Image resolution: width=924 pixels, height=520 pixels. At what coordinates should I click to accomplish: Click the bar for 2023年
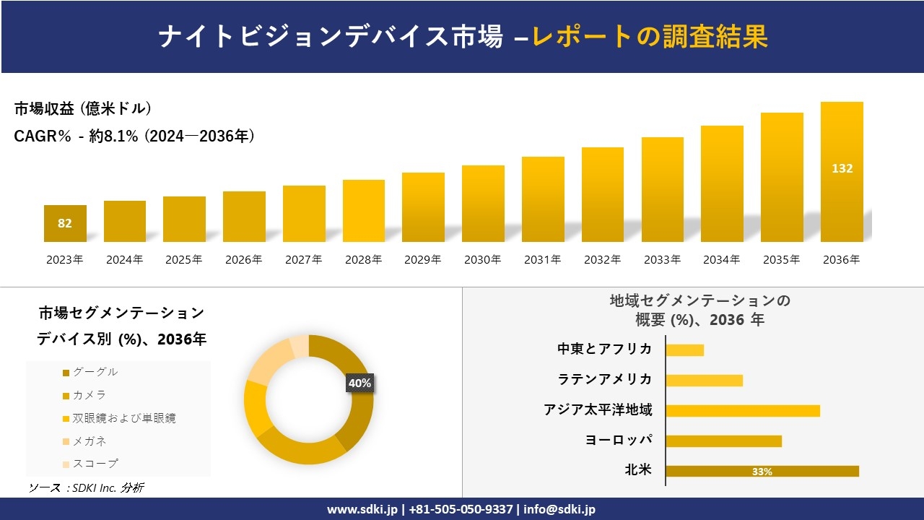pyautogui.click(x=65, y=223)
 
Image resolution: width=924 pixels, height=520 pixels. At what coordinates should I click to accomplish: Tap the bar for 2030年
pyautogui.click(x=483, y=204)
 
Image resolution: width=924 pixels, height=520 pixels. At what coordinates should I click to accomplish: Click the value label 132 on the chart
pyautogui.click(x=842, y=168)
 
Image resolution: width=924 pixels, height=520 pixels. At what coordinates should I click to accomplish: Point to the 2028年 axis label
pyautogui.click(x=364, y=260)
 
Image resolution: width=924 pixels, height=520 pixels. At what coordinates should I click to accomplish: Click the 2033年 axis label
pyautogui.click(x=662, y=260)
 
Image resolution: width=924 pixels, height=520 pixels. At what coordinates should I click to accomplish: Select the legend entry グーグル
pyautogui.click(x=95, y=372)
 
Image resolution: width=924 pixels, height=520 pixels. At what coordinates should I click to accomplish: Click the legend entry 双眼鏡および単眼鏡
pyautogui.click(x=123, y=417)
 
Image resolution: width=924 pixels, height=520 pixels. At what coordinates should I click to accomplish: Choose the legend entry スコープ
pyautogui.click(x=95, y=463)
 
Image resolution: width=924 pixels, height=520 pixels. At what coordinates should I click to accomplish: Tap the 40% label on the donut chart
pyautogui.click(x=359, y=383)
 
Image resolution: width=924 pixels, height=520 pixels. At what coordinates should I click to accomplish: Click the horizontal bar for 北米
pyautogui.click(x=762, y=472)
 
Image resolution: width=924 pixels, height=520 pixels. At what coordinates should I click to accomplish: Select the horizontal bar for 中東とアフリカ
pyautogui.click(x=684, y=350)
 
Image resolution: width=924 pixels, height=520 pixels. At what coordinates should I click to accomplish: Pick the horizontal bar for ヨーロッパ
pyautogui.click(x=723, y=441)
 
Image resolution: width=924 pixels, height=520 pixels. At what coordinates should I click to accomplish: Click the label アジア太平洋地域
pyautogui.click(x=598, y=410)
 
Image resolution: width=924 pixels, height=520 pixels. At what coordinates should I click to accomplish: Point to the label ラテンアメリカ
pyautogui.click(x=605, y=380)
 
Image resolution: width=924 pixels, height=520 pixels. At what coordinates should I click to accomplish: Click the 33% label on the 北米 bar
pyautogui.click(x=762, y=472)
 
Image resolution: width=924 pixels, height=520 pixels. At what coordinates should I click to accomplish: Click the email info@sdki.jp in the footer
pyautogui.click(x=559, y=509)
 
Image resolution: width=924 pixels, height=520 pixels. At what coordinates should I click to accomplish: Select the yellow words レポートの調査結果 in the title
pyautogui.click(x=650, y=37)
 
